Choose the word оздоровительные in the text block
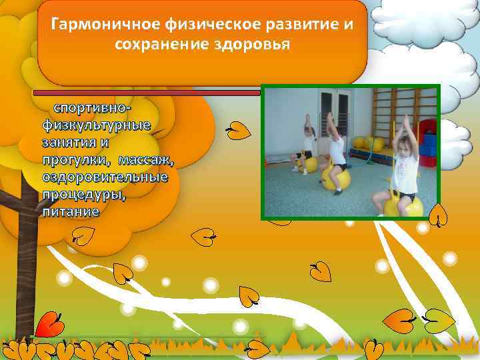105,177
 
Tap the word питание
70,211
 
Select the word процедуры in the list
84,194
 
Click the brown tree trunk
25,267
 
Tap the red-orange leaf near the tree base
48,325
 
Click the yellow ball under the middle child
335,177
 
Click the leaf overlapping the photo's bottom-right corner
437,215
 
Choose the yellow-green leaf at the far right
440,321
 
